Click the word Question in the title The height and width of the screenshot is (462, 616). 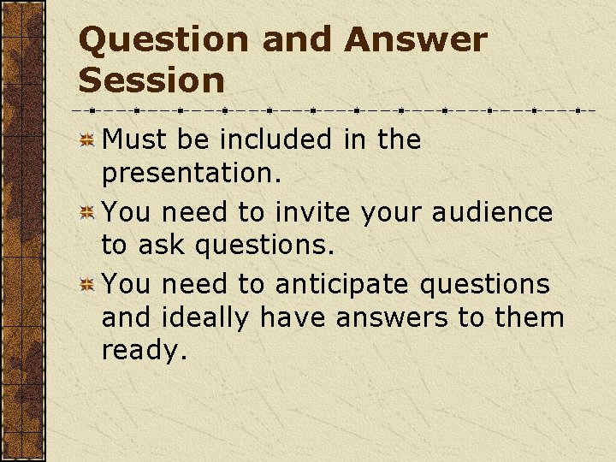[163, 39]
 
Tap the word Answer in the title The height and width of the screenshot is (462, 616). [416, 39]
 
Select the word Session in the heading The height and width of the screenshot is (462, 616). [151, 80]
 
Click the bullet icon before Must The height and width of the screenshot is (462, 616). [86, 140]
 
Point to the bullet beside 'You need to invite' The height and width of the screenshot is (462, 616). [86, 212]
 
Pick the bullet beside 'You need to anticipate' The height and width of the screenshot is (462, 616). [86, 285]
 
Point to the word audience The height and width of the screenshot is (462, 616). [492, 212]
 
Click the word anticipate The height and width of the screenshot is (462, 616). [340, 285]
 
